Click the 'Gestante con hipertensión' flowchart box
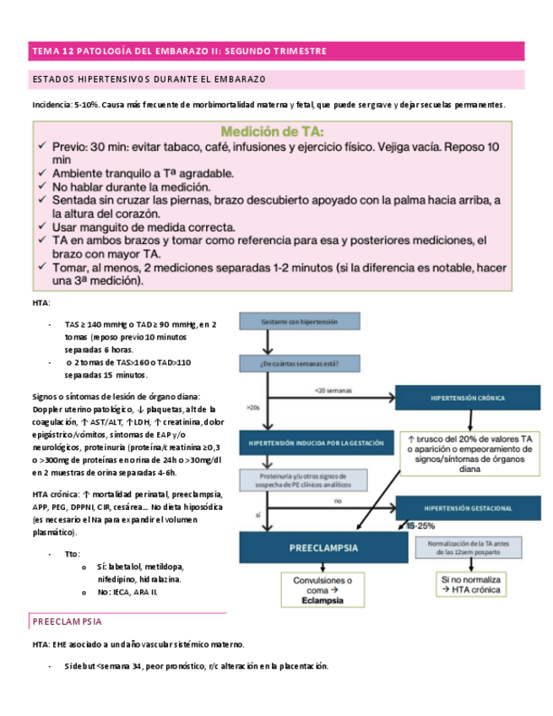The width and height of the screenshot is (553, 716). coord(288,322)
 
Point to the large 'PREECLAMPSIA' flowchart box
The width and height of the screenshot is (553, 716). coord(317,547)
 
